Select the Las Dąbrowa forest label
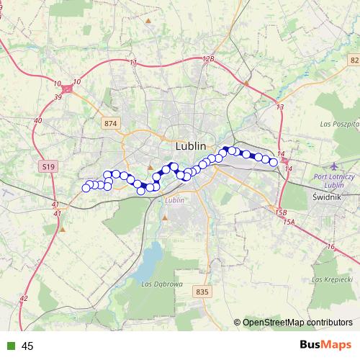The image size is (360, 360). coord(161,284)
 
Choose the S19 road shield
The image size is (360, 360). coord(47,166)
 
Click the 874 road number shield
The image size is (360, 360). coord(109,124)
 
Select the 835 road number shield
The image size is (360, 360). coord(202,292)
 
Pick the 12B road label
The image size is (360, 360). coord(208,59)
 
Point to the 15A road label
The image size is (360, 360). coord(289,222)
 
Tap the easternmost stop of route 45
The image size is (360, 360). coord(274,162)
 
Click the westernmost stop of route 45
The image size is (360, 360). coord(86,188)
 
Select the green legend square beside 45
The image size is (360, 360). coord(11,346)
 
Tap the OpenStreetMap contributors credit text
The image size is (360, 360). coord(297,323)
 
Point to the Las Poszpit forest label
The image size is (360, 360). coord(338,124)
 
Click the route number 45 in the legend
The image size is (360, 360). coord(28,346)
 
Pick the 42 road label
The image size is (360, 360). coord(24,297)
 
